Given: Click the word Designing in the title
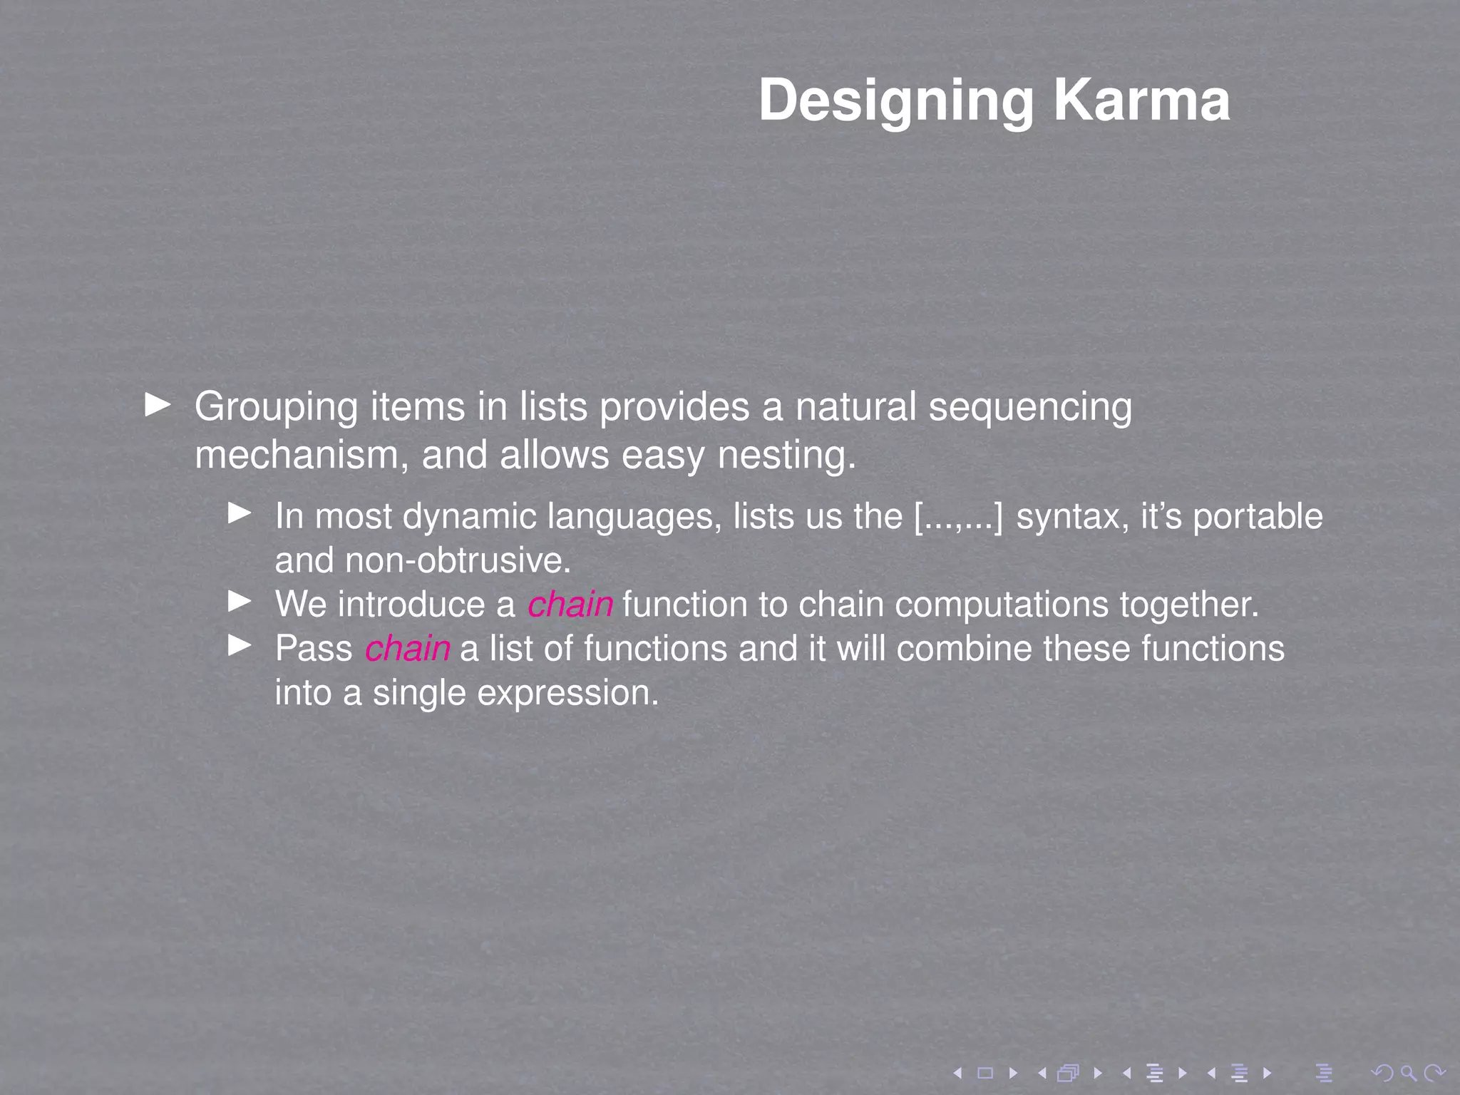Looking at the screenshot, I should [x=895, y=101].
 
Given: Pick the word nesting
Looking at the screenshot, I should [x=786, y=456].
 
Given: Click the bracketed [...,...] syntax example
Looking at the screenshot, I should [x=958, y=517].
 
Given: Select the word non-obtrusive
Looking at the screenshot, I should [x=458, y=561].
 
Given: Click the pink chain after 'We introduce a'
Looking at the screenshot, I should [x=570, y=605].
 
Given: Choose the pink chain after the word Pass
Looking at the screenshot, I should [x=408, y=649].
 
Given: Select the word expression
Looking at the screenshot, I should [x=567, y=693].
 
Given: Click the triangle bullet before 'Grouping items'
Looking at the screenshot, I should [x=158, y=405].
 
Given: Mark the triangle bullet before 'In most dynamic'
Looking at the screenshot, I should [x=240, y=513].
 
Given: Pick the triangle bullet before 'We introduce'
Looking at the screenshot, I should [x=240, y=602].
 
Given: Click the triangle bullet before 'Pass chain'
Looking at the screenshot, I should [x=240, y=646].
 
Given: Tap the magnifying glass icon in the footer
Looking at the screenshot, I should [x=1407, y=1072].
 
